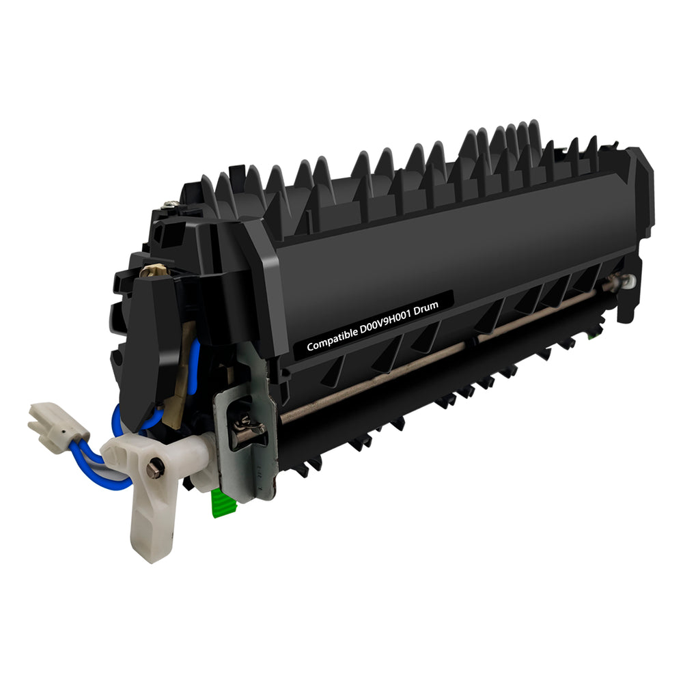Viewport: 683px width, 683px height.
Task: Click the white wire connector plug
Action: click(x=57, y=428)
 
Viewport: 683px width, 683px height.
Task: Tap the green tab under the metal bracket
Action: click(x=223, y=503)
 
